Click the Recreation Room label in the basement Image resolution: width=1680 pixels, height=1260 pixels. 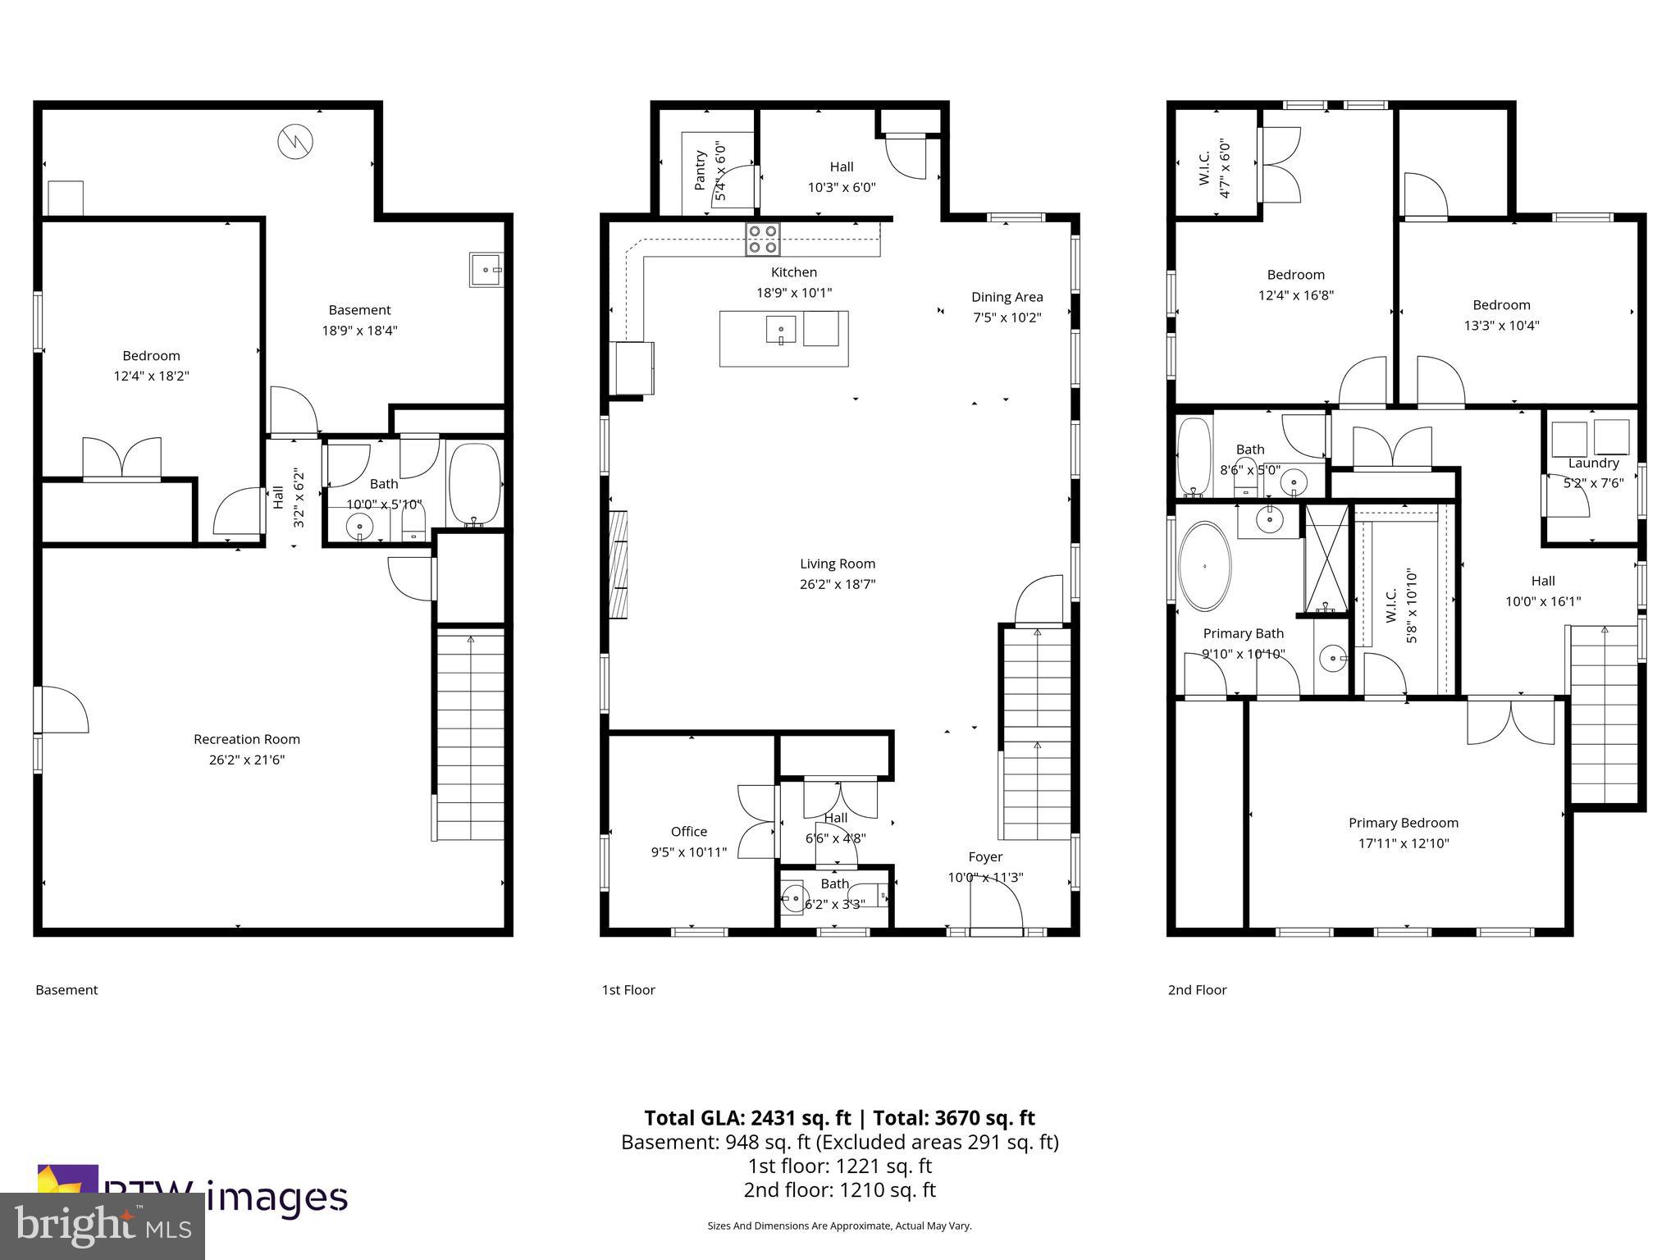(x=246, y=739)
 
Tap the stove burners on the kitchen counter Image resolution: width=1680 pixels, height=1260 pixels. (x=763, y=239)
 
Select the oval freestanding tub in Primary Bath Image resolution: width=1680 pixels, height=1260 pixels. (x=1204, y=566)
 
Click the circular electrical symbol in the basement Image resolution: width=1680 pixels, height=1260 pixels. (x=294, y=142)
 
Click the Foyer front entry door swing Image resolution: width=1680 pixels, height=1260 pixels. (x=996, y=906)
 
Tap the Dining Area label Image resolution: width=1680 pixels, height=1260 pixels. (x=1007, y=297)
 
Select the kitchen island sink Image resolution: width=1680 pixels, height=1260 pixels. (x=781, y=331)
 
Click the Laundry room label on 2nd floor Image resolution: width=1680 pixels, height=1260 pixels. (x=1593, y=463)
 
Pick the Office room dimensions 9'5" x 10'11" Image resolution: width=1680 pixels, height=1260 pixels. (x=688, y=852)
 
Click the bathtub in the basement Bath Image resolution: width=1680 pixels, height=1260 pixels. (x=475, y=484)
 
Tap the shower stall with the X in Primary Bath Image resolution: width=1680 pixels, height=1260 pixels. (x=1326, y=559)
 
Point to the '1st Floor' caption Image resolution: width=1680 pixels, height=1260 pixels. (x=628, y=990)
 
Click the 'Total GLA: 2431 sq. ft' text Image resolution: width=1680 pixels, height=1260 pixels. (x=747, y=1118)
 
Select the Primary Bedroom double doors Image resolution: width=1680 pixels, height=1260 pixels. (x=1510, y=720)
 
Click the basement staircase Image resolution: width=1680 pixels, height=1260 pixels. (x=470, y=734)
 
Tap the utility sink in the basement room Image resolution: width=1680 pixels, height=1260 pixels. (x=486, y=269)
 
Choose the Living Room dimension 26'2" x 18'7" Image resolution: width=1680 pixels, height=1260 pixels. (x=838, y=584)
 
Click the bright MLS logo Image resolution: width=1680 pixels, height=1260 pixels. (x=102, y=1226)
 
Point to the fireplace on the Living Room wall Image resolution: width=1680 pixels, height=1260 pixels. (x=619, y=564)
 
